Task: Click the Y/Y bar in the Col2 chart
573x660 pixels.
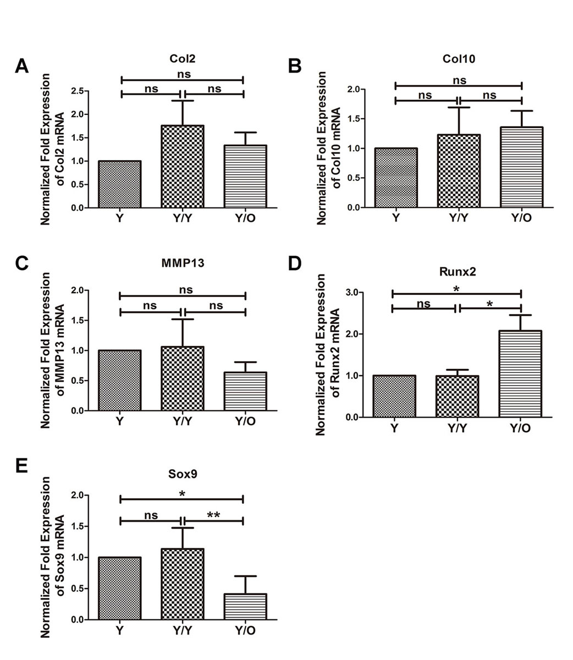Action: (x=183, y=167)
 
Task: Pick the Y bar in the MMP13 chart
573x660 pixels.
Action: (x=120, y=381)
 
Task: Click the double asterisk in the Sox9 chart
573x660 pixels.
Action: (x=213, y=515)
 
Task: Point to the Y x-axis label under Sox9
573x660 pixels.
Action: (x=120, y=631)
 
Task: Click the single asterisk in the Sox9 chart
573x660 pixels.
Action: (x=182, y=494)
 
